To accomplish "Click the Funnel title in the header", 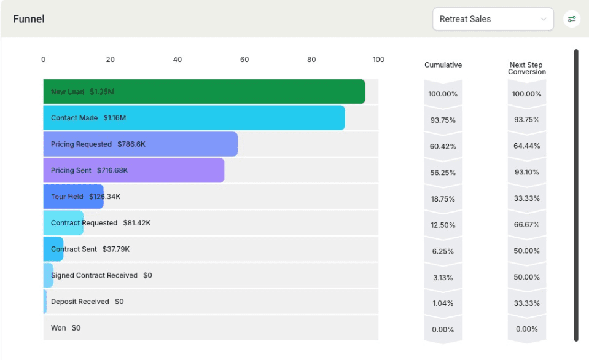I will coord(29,19).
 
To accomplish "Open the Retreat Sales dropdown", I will coord(493,19).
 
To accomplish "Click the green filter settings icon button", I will coord(572,19).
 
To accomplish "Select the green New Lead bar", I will coord(204,92).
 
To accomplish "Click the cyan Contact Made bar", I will coord(193,118).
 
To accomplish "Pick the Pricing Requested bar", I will coord(140,144).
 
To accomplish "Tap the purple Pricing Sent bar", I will coord(133,170).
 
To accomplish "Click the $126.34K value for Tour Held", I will coord(105,197).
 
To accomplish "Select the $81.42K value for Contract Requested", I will coord(136,223).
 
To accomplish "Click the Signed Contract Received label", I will coord(94,275).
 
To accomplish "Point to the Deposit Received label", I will coord(80,302).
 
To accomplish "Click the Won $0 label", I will coord(66,328).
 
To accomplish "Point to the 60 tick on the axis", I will coord(244,60).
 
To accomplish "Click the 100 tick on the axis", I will coord(378,60).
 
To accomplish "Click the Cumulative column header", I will coord(443,65).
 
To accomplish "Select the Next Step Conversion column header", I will coord(526,68).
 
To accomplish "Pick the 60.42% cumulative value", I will coord(443,146).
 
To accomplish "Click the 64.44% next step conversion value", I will coord(526,146).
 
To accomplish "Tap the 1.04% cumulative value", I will coord(443,303).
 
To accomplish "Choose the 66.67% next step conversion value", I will coord(526,225).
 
